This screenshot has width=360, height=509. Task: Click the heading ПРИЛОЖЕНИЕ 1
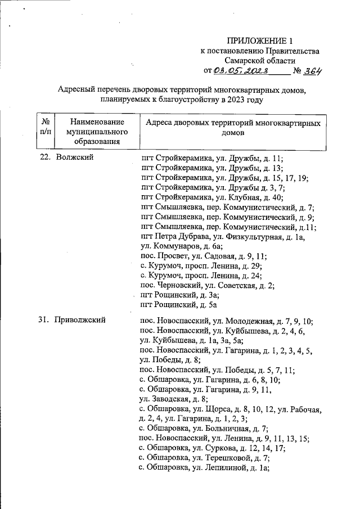(260, 41)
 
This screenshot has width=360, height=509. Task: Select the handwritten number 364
(311, 71)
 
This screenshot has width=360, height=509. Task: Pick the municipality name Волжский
(75, 158)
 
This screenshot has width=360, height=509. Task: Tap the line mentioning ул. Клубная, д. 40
(212, 197)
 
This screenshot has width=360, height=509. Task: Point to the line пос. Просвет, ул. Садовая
(205, 256)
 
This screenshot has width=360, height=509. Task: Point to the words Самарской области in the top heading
(259, 61)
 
